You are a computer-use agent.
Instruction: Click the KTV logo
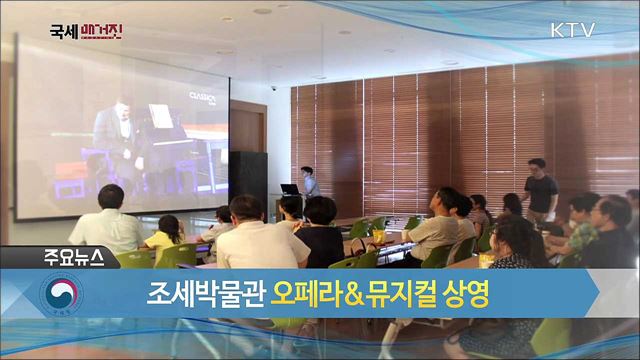(x=573, y=29)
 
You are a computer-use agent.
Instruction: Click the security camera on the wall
(x=272, y=89)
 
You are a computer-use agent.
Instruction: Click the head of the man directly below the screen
(x=110, y=196)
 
